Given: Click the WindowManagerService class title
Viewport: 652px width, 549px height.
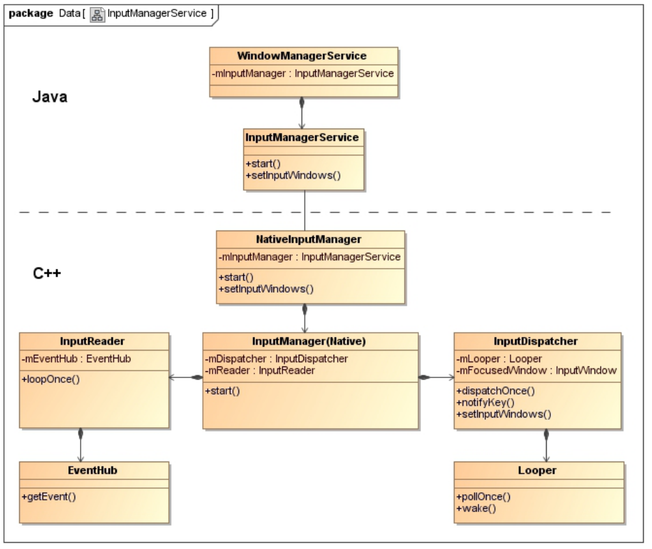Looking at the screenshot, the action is tap(302, 56).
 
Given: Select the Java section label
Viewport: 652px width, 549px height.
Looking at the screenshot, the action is tap(50, 97).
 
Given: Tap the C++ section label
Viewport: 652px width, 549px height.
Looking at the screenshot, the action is tap(47, 273).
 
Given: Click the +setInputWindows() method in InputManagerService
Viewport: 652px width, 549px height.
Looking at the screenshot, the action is tap(293, 176).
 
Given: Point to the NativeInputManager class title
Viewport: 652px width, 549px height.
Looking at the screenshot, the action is tap(308, 239).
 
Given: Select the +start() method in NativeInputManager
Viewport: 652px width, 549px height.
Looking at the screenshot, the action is tap(236, 278).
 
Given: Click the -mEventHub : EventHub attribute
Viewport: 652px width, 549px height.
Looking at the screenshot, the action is tap(76, 359).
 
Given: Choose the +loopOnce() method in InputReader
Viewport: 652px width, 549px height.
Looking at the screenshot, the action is tap(51, 379).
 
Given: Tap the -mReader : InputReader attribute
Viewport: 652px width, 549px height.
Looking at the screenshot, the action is tap(260, 371).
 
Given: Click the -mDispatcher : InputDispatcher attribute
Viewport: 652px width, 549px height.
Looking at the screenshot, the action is tap(277, 359).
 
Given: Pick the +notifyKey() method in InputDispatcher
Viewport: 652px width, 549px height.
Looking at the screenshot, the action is tap(485, 403).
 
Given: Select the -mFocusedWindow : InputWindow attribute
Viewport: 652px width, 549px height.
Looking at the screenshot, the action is tap(536, 371).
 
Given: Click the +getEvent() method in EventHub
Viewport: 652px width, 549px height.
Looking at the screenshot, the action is tap(49, 496).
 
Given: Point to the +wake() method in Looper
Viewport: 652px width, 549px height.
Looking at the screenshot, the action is tap(476, 508).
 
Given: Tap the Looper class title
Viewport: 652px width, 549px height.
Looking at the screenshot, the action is tap(537, 470).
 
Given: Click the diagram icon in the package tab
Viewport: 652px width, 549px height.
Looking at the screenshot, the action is tap(97, 14).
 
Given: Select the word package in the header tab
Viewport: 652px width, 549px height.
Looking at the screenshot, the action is tap(31, 14).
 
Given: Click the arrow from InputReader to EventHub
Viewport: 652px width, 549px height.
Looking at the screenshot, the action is tap(81, 445).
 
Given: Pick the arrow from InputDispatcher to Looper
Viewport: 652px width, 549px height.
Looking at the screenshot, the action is tap(546, 446).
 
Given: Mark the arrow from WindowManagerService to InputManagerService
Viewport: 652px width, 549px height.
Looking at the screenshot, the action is tap(302, 113).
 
